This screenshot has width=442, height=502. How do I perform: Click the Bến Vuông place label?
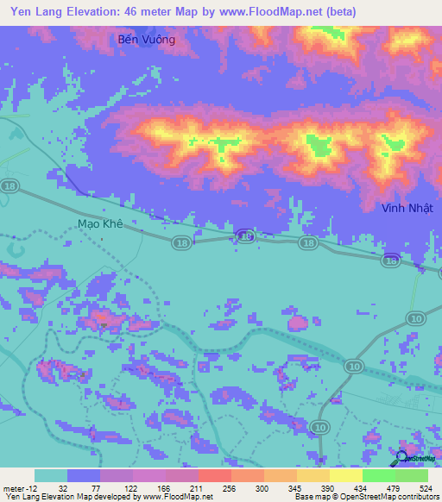coord(145,40)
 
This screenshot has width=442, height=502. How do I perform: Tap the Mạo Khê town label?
coord(101,223)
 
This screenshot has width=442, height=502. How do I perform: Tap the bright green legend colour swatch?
coord(378,475)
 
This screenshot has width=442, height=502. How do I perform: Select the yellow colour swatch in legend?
coord(345,475)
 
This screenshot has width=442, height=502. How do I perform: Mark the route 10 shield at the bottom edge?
coord(320,426)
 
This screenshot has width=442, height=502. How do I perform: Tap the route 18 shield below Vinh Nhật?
coord(391,260)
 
